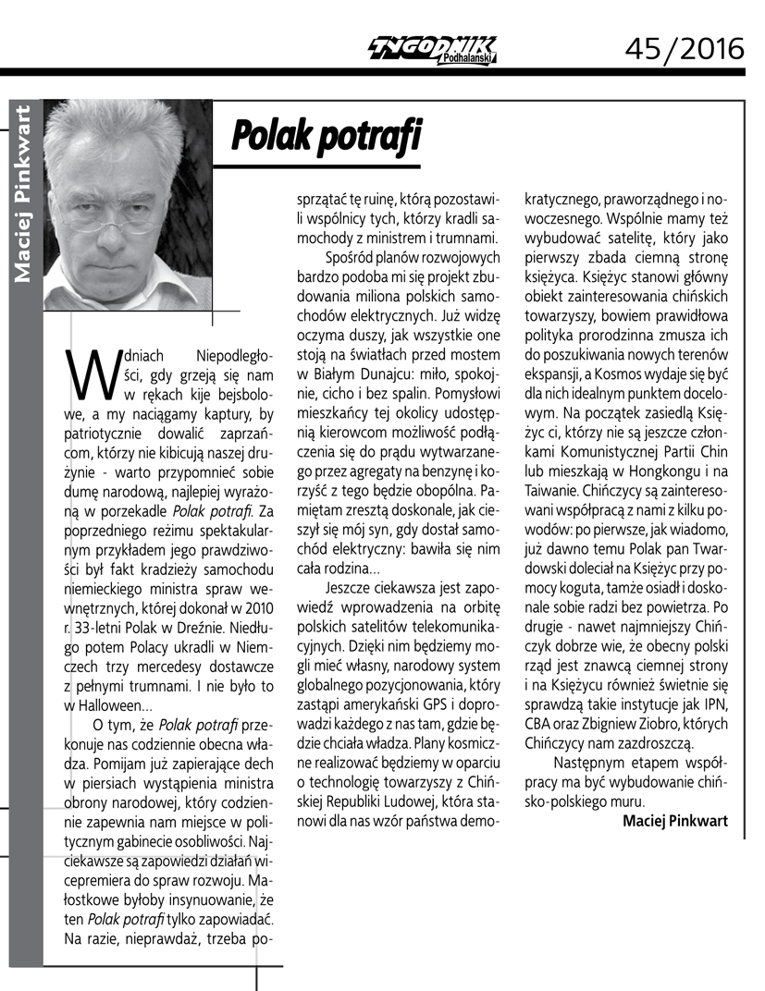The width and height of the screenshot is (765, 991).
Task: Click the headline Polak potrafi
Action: coord(326,135)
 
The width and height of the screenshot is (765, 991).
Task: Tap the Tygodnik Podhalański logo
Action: coord(432,49)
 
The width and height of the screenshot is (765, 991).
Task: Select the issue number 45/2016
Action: coord(685,46)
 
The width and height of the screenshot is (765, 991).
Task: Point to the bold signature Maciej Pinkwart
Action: coord(675,820)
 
